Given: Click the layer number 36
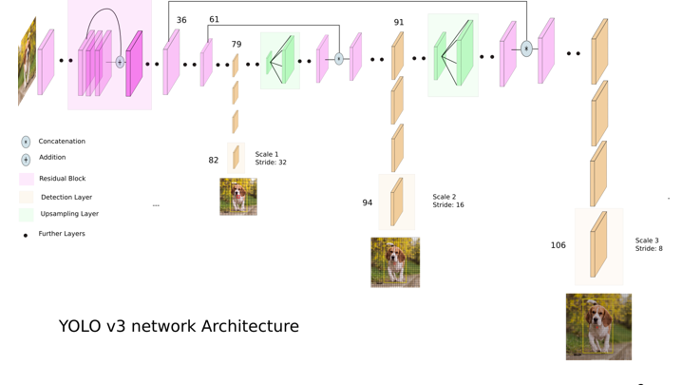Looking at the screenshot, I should (181, 20).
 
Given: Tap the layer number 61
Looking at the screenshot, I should (214, 20).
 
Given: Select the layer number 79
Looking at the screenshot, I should (237, 45).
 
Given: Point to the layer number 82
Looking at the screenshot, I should (214, 161).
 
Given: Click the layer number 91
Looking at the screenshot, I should (399, 23).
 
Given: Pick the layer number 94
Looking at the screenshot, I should (368, 202).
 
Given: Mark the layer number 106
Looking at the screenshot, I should (559, 245).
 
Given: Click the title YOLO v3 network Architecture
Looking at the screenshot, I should (179, 326).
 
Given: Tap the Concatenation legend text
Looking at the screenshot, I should (62, 142).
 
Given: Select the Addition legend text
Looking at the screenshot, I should (52, 158).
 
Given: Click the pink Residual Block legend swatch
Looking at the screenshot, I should (27, 179).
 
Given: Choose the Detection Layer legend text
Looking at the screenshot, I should (66, 197).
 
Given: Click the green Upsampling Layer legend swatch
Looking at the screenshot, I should (27, 215).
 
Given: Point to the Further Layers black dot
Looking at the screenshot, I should (26, 235).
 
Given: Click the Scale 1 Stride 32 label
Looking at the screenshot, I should (271, 158).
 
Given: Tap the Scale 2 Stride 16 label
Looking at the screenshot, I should (448, 201).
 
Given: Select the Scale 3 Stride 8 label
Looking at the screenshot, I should (649, 244).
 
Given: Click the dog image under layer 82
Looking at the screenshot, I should (238, 197).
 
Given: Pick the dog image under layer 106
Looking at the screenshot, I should (598, 326).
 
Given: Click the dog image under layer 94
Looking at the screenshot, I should (395, 261).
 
